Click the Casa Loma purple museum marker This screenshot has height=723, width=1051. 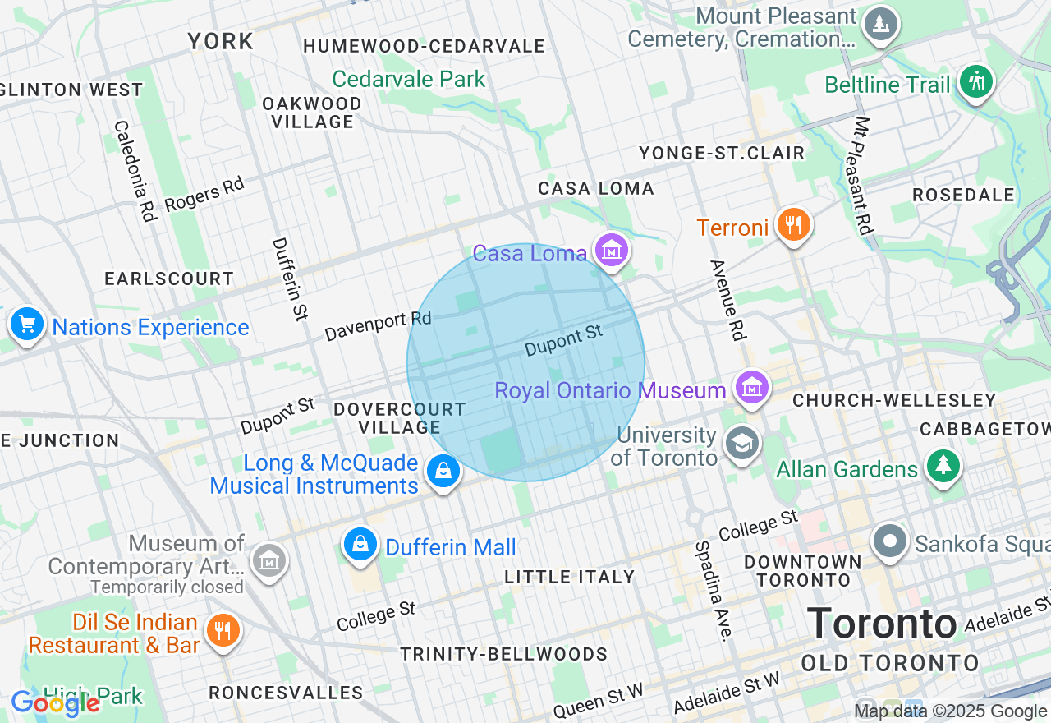point(612,251)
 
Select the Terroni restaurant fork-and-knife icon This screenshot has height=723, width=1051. point(793,224)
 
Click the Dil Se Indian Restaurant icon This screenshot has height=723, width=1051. point(222,630)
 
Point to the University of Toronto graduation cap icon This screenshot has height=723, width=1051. point(742,444)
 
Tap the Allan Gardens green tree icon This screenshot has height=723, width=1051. point(943,466)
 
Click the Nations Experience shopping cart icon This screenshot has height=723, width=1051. point(27,325)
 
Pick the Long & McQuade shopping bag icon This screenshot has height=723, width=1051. point(443,472)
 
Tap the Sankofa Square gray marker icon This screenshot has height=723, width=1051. point(890,541)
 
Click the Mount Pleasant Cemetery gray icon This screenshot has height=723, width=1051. point(880,24)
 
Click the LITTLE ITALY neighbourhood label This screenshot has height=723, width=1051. point(570,577)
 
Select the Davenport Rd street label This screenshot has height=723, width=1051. point(378,326)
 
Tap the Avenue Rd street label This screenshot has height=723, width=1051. point(727,300)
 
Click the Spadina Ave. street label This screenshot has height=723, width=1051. point(711,589)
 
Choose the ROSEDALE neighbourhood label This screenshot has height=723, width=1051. point(964,195)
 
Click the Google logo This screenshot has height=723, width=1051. point(55,702)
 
